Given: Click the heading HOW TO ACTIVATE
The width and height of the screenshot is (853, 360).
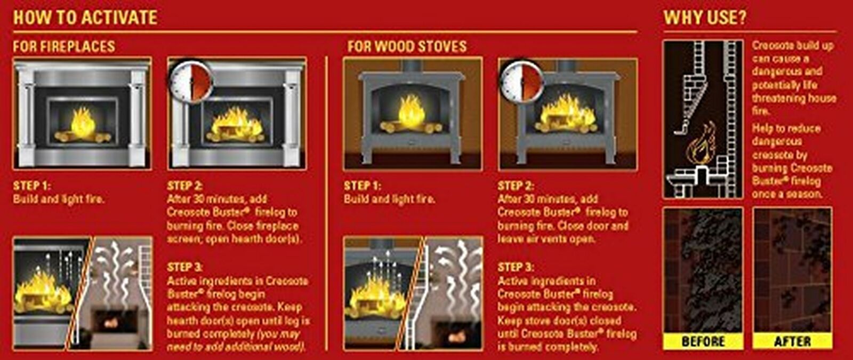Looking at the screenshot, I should pos(85,17).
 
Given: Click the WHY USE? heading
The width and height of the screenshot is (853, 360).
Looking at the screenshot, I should pos(705,17).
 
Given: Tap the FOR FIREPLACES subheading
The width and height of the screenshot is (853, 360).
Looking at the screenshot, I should pos(64,46).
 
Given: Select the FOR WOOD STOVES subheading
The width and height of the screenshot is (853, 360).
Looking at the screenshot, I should pos(407,46).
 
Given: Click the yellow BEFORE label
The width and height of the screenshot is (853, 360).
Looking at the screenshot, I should pos(703,341).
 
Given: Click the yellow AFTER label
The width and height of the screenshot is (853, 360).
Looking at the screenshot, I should pos(792,341).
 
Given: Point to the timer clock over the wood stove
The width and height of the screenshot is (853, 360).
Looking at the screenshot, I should pos(522,81).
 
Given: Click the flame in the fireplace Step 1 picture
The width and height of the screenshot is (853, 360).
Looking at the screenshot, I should pos(83,123).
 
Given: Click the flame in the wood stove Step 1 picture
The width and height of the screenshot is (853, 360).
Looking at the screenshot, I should pos(412,111).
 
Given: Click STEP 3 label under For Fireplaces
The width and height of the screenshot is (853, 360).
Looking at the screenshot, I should pos(184,267).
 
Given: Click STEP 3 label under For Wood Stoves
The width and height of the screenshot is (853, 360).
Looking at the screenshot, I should pos(516,267).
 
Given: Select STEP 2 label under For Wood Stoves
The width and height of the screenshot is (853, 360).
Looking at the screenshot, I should pos(516,186).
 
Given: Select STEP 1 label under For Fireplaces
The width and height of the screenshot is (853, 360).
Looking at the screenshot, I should pos(31,186).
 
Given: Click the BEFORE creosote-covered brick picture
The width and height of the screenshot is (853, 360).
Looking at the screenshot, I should pos(703,269).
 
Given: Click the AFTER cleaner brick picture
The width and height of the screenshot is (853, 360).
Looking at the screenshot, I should pos(792,269).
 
